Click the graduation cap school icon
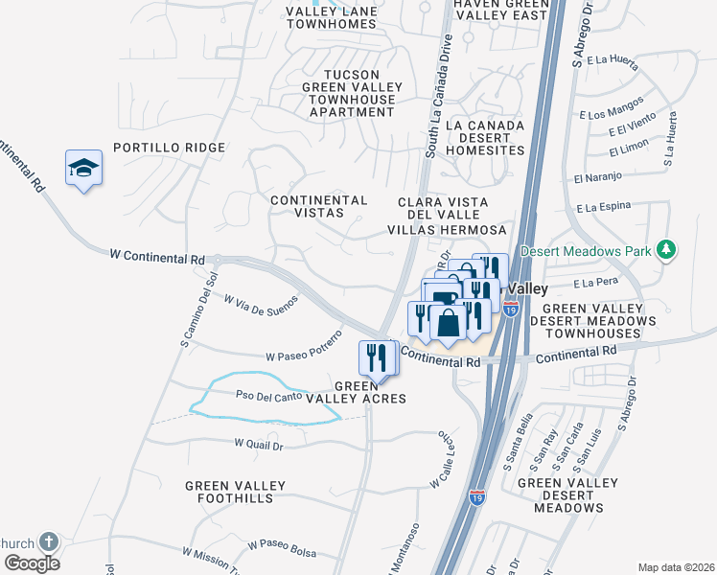coord(84,168)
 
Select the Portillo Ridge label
coord(169,148)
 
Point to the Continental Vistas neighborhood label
coord(319,208)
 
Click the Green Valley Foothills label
coord(236,492)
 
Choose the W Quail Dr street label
coord(259,445)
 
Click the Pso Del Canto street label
coord(271,395)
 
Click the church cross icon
coord(47,542)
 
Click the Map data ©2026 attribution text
coord(676,567)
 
